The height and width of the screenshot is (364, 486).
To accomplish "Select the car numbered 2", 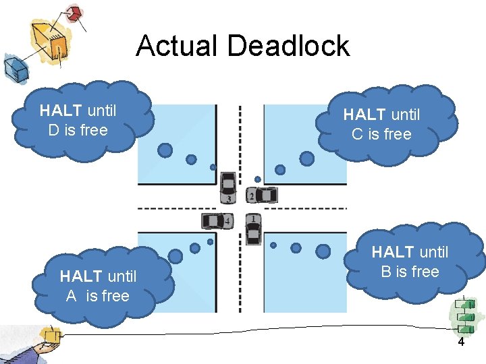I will coord(263,195).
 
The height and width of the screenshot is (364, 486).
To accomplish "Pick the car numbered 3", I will coord(229,187).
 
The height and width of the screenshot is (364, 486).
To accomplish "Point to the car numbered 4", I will coord(217,220).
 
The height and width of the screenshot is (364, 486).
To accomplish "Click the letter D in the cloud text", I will coord(54,130).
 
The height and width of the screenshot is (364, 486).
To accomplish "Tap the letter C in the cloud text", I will coord(358,134).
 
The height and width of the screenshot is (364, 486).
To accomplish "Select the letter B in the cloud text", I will coord(386,272).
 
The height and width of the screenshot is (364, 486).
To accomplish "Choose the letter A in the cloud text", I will coord(71,295).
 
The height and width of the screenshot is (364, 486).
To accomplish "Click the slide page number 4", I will coord(461,342).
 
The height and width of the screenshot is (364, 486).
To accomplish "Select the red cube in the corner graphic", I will coord(72,14).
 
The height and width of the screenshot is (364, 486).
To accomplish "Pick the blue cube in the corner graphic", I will coord(14,67).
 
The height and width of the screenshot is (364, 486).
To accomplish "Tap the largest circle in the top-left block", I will coord(165,150).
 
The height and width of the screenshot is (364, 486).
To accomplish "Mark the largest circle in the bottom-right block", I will coord(323,251).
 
